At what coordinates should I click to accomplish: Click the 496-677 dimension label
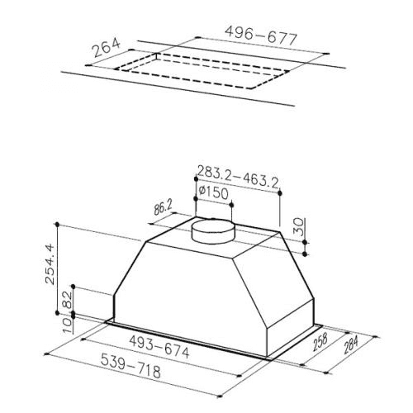[x=261, y=36]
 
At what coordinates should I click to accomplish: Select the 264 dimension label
[x=106, y=48]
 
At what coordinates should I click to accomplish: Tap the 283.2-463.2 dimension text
[x=238, y=177]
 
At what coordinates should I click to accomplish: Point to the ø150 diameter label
[x=214, y=192]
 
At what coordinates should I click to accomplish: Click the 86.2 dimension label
[x=164, y=208]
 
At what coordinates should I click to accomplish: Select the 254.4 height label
[x=50, y=263]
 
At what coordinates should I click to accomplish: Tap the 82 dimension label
[x=67, y=300]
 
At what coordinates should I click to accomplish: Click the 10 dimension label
[x=67, y=325]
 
